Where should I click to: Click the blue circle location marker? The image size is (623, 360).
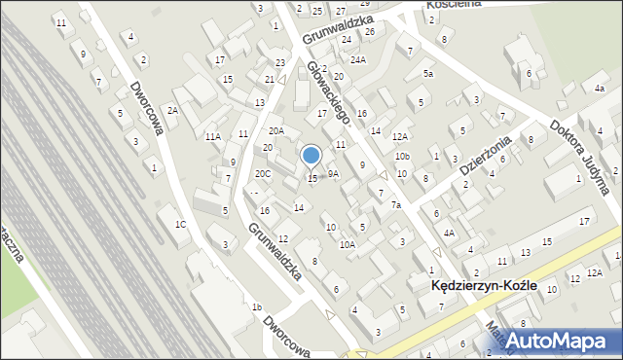pyautogui.click(x=311, y=155)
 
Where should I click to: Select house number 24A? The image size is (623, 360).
pyautogui.click(x=358, y=60)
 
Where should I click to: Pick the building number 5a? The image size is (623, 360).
pyautogui.click(x=427, y=74)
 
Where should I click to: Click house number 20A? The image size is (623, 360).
pyautogui.click(x=276, y=130)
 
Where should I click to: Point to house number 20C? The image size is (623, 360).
pyautogui.click(x=263, y=174)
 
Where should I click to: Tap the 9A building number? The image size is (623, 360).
pyautogui.click(x=333, y=174)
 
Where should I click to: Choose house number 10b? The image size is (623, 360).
pyautogui.click(x=402, y=157)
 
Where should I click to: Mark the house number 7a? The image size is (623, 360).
pyautogui.click(x=396, y=205)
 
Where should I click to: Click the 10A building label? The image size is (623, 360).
pyautogui.click(x=347, y=245)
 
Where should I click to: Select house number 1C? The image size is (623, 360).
pyautogui.click(x=180, y=225)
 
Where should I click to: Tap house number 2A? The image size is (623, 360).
pyautogui.click(x=172, y=111)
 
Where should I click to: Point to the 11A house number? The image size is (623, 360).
pyautogui.click(x=212, y=137)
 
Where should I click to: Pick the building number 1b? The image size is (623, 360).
pyautogui.click(x=257, y=307)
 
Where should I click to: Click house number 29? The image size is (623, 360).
pyautogui.click(x=338, y=4)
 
